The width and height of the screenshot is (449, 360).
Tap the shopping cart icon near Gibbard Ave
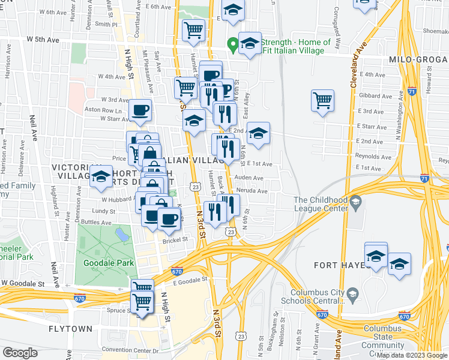[x=322, y=100]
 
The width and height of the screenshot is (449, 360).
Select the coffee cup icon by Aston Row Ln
[x=140, y=110]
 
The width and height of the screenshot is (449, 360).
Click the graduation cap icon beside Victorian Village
[x=101, y=176]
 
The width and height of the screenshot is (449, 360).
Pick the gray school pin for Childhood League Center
[x=356, y=200]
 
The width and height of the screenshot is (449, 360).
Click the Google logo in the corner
[x=20, y=353]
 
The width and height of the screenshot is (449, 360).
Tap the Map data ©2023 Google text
[x=412, y=355]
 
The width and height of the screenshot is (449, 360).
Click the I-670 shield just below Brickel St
[x=176, y=271]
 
